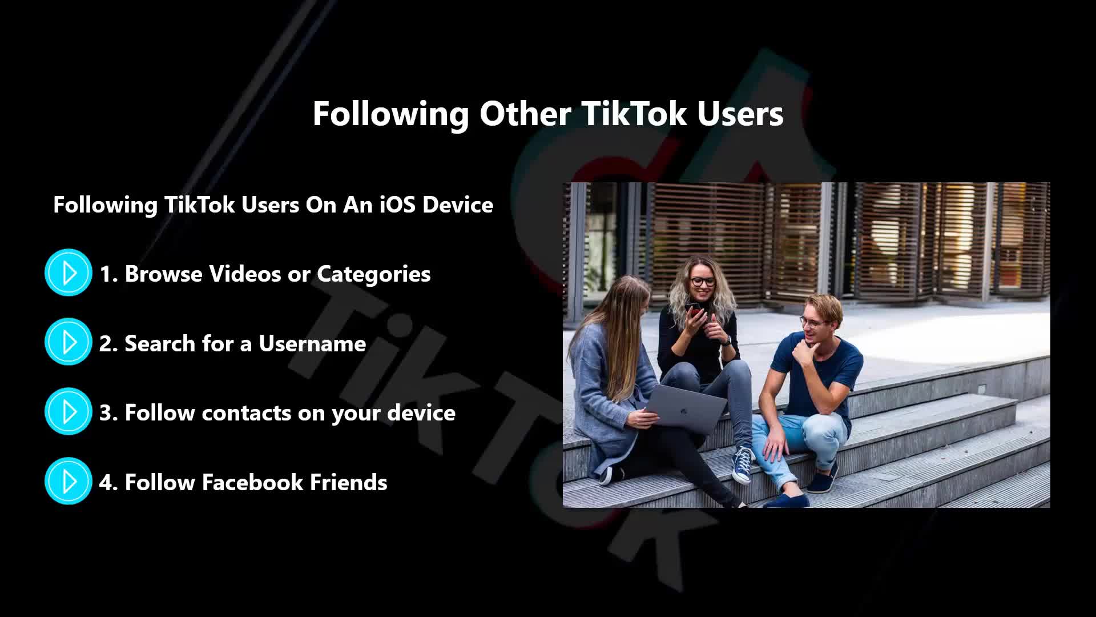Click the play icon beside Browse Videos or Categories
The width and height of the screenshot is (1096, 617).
[x=68, y=273]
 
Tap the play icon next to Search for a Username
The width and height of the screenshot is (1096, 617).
[x=68, y=342]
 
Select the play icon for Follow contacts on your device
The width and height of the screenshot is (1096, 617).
[x=68, y=411]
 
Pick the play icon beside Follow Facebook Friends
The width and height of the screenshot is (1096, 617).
[x=68, y=481]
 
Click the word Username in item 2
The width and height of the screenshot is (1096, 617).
[x=312, y=343]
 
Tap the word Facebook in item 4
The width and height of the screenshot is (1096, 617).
[x=252, y=482]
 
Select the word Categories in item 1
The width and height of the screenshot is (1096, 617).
[x=374, y=274]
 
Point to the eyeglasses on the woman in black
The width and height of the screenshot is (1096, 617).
[x=703, y=281]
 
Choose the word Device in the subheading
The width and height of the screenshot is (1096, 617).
[x=458, y=205]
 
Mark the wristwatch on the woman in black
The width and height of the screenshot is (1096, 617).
[x=726, y=341]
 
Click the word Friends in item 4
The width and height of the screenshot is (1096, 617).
[x=348, y=482]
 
